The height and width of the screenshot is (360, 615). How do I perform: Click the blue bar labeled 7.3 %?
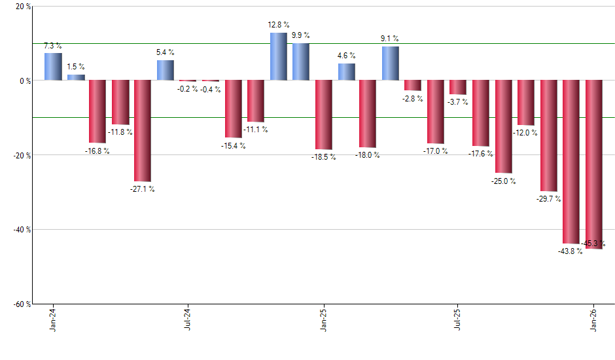pyautogui.click(x=53, y=67)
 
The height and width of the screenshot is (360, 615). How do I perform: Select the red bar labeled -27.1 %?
pyautogui.click(x=143, y=131)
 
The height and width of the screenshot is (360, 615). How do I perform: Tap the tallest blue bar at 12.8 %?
pyautogui.click(x=278, y=56)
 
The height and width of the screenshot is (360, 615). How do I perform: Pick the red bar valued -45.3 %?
pyautogui.click(x=593, y=164)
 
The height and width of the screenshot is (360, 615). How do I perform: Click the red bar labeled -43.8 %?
pyautogui.click(x=571, y=162)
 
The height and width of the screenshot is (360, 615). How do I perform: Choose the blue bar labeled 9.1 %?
pyautogui.click(x=390, y=63)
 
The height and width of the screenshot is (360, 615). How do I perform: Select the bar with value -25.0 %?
pyautogui.click(x=503, y=126)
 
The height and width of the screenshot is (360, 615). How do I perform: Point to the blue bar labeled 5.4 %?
pyautogui.click(x=165, y=70)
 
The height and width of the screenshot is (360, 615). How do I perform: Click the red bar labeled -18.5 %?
pyautogui.click(x=323, y=115)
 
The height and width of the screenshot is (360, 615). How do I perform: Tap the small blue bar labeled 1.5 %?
pyautogui.click(x=76, y=77)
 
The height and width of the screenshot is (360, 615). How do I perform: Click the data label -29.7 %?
pyautogui.click(x=548, y=199)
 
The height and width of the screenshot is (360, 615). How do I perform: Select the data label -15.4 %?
pyautogui.click(x=233, y=145)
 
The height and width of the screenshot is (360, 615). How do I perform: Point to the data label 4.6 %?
pyautogui.click(x=346, y=56)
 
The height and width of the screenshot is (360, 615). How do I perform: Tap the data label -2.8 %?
pyautogui.click(x=413, y=99)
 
